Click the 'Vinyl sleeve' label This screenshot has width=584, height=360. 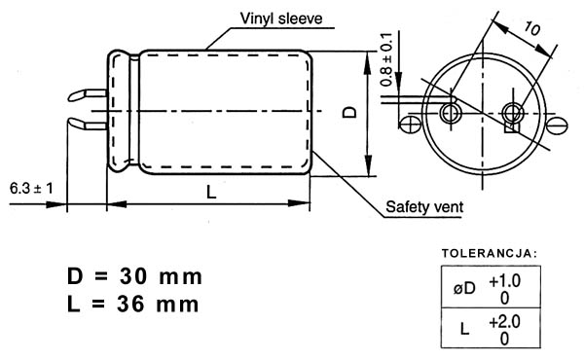[x=281, y=18]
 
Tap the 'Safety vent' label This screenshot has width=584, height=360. [x=424, y=206]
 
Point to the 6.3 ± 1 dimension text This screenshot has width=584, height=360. [x=31, y=189]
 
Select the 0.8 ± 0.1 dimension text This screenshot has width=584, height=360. [x=386, y=59]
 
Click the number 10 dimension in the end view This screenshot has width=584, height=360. [x=531, y=28]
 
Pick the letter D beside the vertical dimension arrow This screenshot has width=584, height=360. [x=349, y=112]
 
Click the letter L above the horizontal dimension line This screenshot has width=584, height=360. [x=211, y=193]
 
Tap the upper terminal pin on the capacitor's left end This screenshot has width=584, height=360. [x=88, y=95]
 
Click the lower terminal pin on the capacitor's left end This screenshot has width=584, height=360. [x=88, y=124]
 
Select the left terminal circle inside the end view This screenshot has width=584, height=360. [x=451, y=113]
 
